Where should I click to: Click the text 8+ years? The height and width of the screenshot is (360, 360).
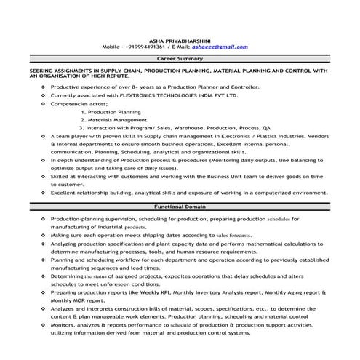pos(129,87)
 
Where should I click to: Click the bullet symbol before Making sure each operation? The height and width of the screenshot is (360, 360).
pos(44,235)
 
